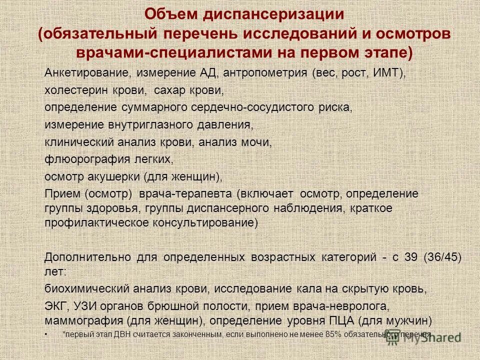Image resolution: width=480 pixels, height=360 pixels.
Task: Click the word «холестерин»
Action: coord(74,91)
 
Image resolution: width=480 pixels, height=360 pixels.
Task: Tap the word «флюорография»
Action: coord(80,159)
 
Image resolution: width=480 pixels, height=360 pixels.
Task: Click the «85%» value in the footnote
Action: coord(331,334)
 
